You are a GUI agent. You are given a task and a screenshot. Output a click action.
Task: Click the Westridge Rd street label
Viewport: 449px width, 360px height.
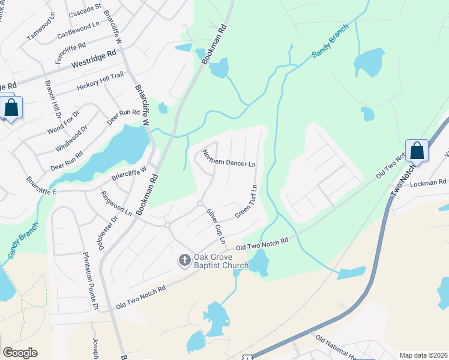(x=94, y=60)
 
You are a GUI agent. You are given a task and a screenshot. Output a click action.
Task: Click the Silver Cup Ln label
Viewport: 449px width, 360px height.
(x=215, y=225)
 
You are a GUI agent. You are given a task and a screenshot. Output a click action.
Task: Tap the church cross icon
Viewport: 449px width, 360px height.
(x=184, y=260)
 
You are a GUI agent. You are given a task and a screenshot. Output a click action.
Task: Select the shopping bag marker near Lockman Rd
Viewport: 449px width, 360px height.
(x=417, y=151)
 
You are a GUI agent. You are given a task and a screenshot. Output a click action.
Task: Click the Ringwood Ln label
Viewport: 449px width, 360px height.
(x=116, y=203)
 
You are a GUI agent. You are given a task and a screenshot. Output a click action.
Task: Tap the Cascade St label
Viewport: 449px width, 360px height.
(x=85, y=10)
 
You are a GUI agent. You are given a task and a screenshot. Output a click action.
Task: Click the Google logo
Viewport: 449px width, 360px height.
(x=20, y=353)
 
